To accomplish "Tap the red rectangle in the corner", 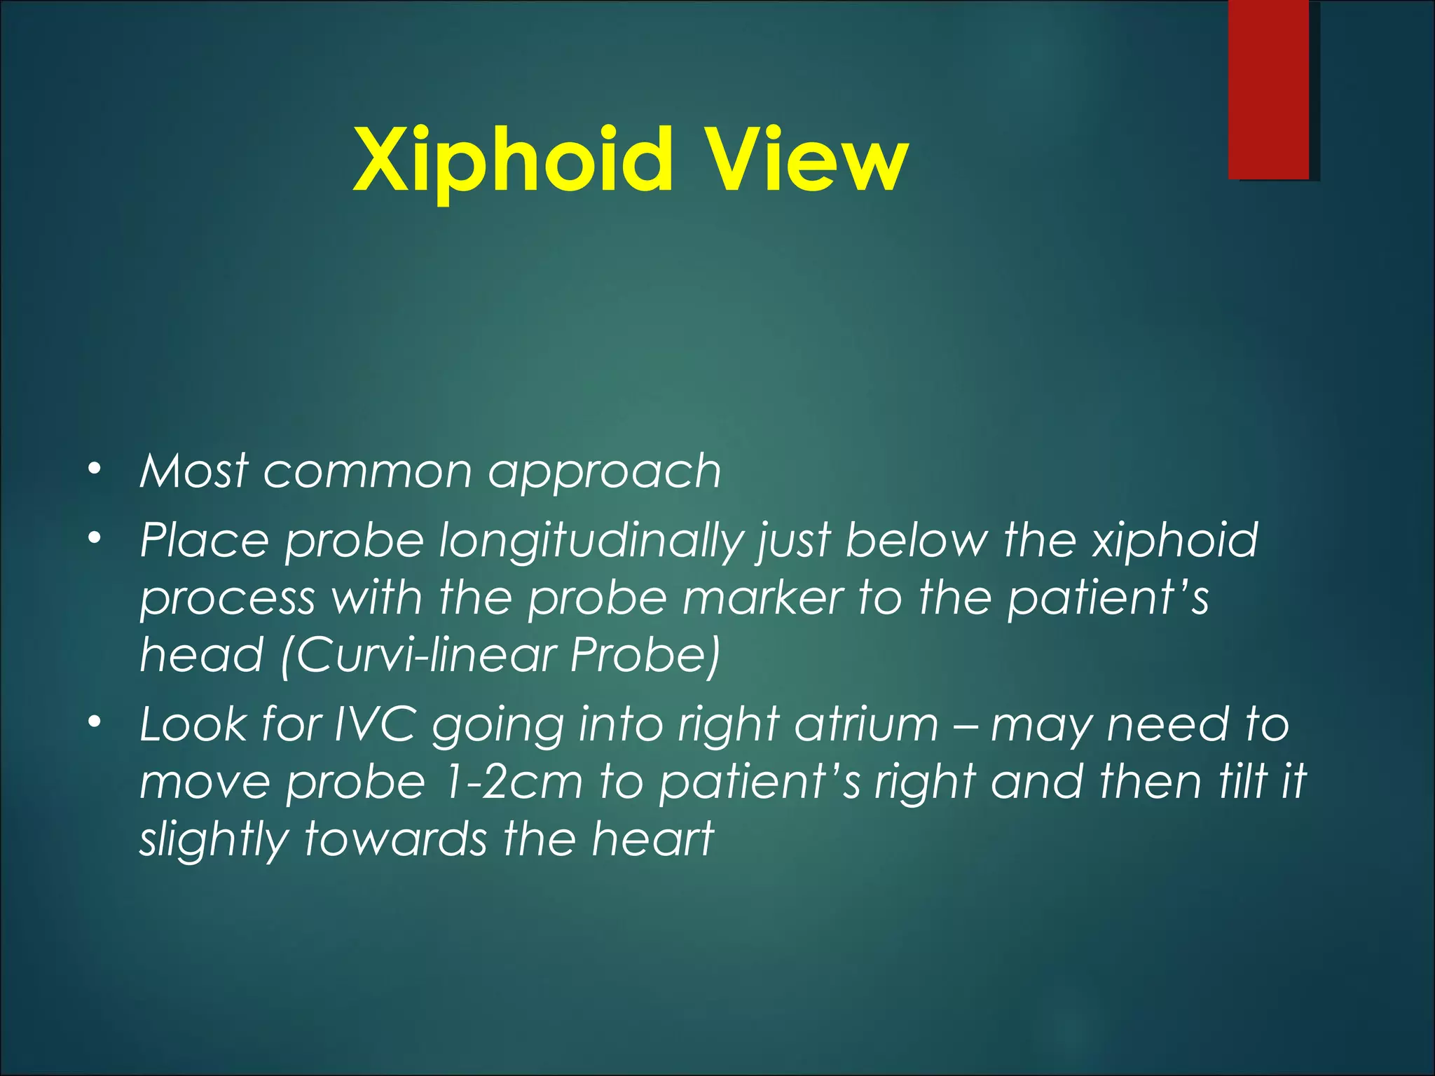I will pyautogui.click(x=1268, y=89).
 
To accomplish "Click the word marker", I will pyautogui.click(x=762, y=599).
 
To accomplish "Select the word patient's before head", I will pyautogui.click(x=1108, y=599).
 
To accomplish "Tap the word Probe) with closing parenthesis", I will pyautogui.click(x=645, y=656).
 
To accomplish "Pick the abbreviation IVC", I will pyautogui.click(x=374, y=724).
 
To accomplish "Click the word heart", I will pyautogui.click(x=652, y=839).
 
